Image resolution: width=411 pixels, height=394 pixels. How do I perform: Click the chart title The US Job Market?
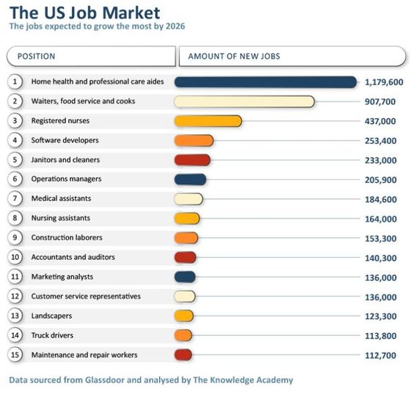(x=84, y=12)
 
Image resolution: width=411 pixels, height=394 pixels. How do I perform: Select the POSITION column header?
(x=36, y=56)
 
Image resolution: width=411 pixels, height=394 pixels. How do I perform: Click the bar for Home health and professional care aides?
(x=265, y=81)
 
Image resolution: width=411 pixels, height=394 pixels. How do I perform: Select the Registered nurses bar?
(x=208, y=121)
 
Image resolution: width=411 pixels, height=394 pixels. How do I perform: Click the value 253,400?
(x=379, y=140)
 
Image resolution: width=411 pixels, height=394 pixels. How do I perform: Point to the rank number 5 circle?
(x=15, y=160)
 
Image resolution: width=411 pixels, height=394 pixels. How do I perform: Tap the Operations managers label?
(x=66, y=179)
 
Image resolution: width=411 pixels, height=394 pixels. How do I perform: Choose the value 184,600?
(x=379, y=199)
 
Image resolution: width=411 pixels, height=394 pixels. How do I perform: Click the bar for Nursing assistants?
(x=187, y=218)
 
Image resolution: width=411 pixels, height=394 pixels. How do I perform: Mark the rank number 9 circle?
(x=15, y=238)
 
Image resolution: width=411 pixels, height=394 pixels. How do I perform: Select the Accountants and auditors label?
(x=73, y=258)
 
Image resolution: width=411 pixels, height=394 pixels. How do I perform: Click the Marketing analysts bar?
(x=185, y=277)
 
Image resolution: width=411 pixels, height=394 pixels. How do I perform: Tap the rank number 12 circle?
(x=15, y=296)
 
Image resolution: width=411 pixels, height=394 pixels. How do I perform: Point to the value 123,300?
(x=379, y=316)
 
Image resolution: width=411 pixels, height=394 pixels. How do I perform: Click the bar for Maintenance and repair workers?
(x=183, y=355)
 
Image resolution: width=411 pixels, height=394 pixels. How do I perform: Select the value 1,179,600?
(x=384, y=81)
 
